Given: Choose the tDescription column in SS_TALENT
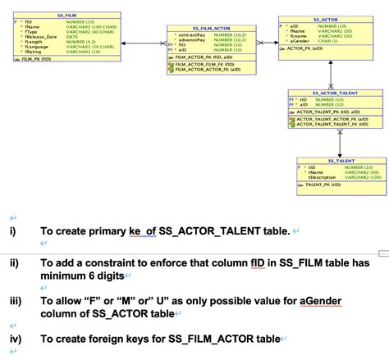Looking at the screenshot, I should click(x=323, y=177).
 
